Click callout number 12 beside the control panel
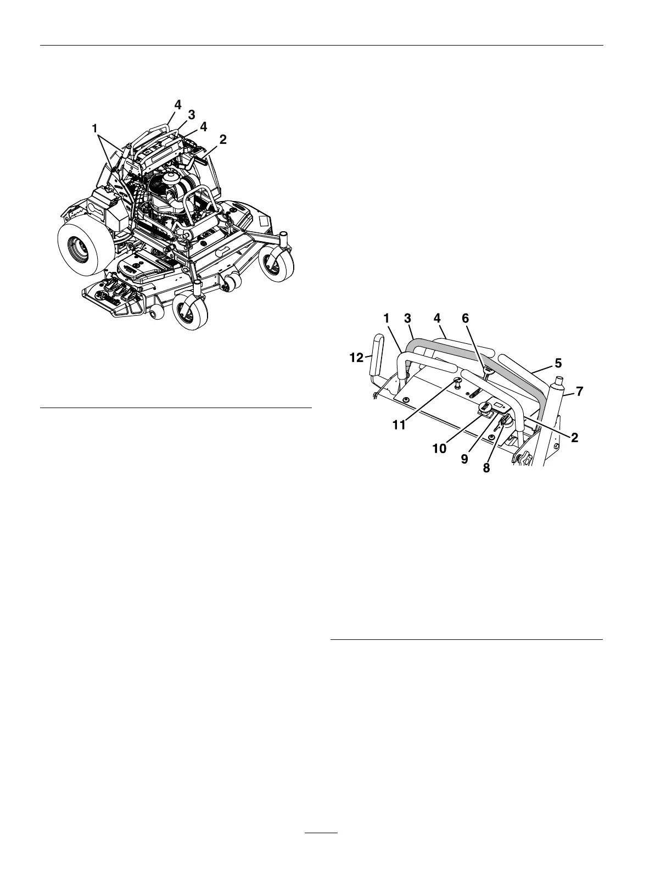(357, 358)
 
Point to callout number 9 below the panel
(465, 458)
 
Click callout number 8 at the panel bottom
(486, 469)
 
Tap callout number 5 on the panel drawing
(559, 363)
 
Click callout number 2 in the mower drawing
(223, 140)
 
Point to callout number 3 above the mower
(192, 115)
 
